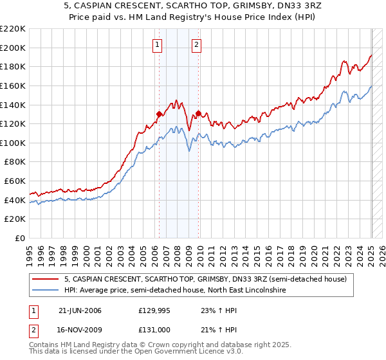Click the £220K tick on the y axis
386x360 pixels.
click(13, 29)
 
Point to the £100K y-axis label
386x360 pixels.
click(13, 143)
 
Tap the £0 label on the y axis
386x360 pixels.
click(21, 238)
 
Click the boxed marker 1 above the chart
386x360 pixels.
click(158, 45)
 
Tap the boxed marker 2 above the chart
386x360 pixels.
click(196, 45)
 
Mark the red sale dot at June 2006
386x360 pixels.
click(159, 114)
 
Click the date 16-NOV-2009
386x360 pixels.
click(80, 329)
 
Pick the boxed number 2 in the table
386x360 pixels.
click(33, 329)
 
